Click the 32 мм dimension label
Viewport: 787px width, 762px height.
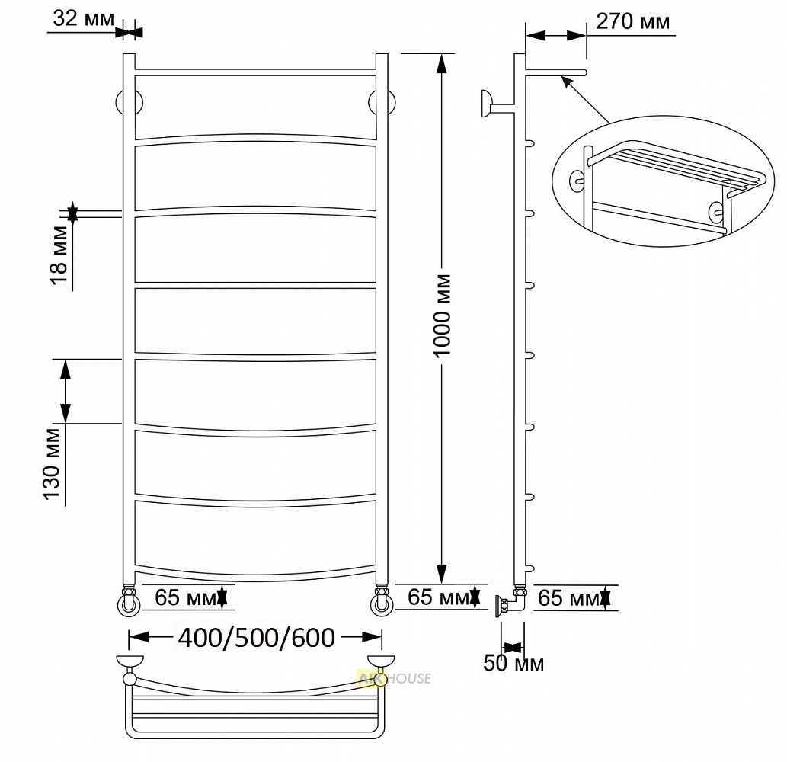(x=84, y=18)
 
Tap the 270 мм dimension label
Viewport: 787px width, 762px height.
(x=632, y=21)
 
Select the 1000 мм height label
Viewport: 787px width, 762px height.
(x=442, y=315)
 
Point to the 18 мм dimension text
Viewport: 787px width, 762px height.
(x=59, y=254)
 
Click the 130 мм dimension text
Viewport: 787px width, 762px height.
(x=52, y=463)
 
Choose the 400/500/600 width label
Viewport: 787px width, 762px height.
(x=257, y=638)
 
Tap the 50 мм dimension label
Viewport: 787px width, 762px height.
(x=513, y=663)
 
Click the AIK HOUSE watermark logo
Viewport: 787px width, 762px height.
(x=393, y=679)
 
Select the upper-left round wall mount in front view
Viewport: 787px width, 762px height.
(x=130, y=104)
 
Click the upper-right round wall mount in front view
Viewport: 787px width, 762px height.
(x=382, y=102)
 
